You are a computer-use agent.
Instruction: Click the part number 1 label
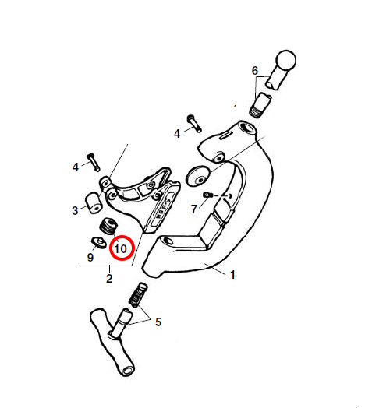click(232, 275)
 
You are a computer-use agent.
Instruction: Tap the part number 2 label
click(109, 279)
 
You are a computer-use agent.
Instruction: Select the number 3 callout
click(75, 210)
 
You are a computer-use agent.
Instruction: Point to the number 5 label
click(158, 322)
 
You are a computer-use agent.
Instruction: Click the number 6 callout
click(255, 71)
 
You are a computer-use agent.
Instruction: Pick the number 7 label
click(194, 209)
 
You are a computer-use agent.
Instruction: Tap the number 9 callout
click(90, 257)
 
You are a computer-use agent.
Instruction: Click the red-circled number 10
click(121, 249)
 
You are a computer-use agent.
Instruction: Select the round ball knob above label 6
click(286, 60)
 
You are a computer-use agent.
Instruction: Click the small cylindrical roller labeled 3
click(94, 203)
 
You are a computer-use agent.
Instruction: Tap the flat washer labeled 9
click(98, 243)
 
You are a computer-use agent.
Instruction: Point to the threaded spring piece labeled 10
click(109, 226)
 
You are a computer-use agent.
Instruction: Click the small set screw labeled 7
click(208, 195)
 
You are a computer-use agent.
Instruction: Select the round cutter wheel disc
click(198, 176)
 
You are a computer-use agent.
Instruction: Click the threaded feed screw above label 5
click(138, 295)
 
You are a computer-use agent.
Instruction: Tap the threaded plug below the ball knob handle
click(260, 105)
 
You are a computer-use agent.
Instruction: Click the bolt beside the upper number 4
click(194, 123)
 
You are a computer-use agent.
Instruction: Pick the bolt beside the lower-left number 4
click(94, 162)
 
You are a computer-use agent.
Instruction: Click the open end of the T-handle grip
click(128, 371)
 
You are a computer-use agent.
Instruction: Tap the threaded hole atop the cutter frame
click(247, 128)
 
